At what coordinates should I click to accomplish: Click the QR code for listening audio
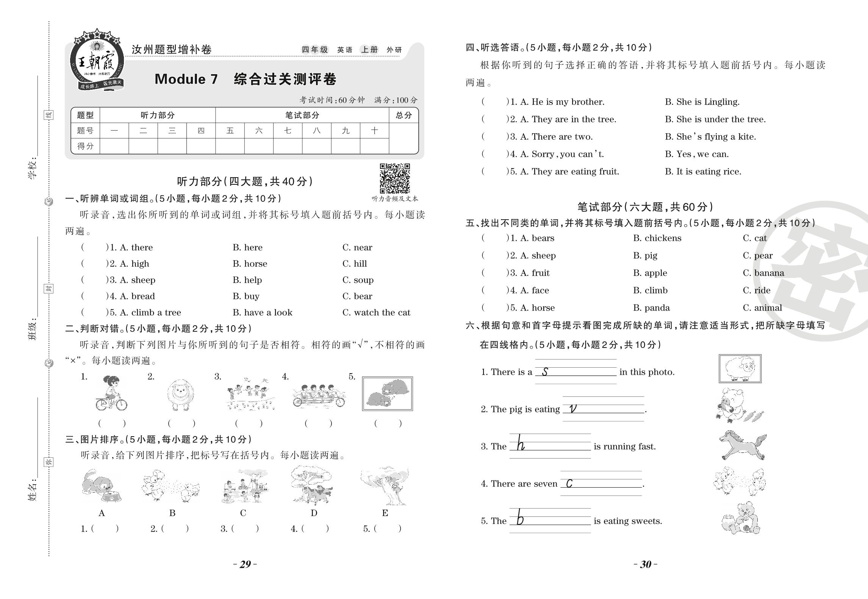[395, 178]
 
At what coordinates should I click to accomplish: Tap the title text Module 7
[186, 79]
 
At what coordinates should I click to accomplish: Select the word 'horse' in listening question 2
[255, 264]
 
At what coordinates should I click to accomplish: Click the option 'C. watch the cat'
[376, 313]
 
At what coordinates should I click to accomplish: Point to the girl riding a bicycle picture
[111, 394]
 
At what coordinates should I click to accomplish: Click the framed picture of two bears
[387, 394]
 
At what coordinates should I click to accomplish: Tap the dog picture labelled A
[101, 487]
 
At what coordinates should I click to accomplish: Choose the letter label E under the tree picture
[385, 513]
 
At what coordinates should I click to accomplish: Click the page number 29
[245, 565]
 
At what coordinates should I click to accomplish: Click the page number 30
[645, 565]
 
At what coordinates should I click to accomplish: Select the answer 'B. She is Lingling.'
[702, 102]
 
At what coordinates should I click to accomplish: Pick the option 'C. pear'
[757, 256]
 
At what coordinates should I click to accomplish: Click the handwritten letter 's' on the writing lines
[545, 372]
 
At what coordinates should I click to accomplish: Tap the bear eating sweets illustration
[741, 518]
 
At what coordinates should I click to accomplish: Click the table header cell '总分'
[404, 115]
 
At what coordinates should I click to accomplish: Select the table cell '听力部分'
[158, 115]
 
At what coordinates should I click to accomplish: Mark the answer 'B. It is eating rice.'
[703, 172]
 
